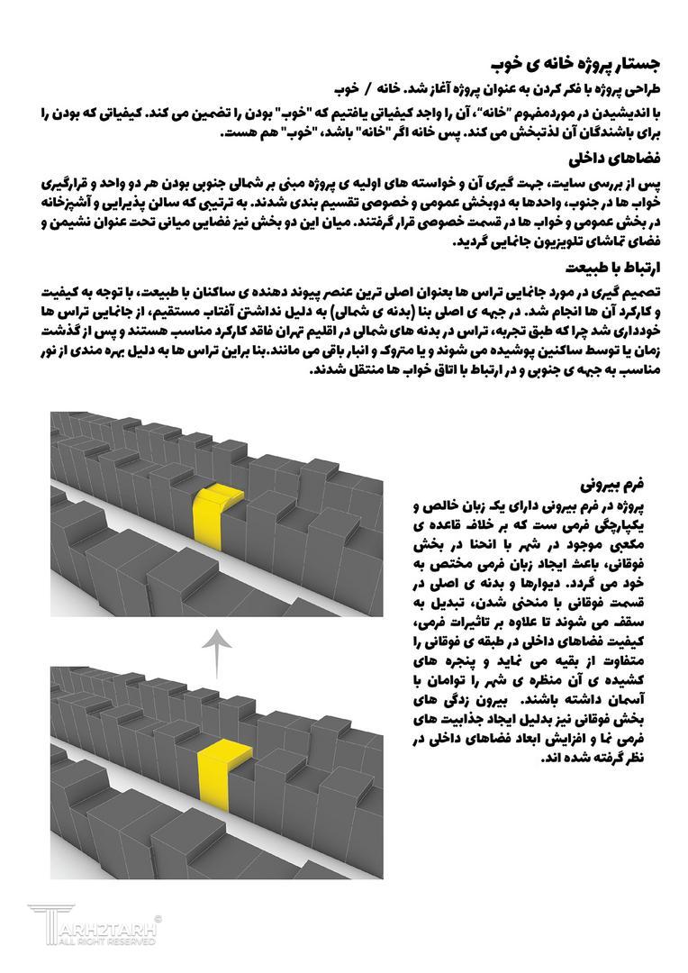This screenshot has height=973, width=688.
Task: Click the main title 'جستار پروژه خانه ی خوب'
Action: coord(577,65)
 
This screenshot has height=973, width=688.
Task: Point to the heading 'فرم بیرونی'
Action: coord(624,471)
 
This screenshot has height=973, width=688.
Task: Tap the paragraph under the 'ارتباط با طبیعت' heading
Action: coord(351,330)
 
